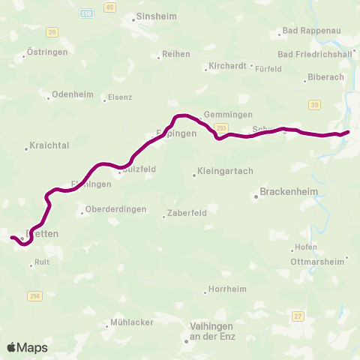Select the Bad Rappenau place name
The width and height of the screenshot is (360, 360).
pos(304,32)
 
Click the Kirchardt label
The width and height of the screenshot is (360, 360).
pos(227,66)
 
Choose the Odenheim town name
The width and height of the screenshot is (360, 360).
pos(72,96)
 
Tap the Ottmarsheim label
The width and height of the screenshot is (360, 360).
pos(317,262)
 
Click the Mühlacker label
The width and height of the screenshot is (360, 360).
pos(131,322)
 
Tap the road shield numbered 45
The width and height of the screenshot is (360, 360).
pos(110,7)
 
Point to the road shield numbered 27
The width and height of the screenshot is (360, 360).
pos(298,316)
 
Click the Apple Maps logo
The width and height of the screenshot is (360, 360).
pos(27,347)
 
